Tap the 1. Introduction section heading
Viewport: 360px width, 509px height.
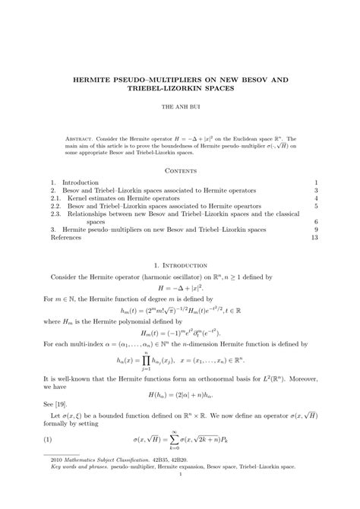(x=180, y=266)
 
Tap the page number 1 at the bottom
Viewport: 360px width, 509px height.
(x=180, y=496)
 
